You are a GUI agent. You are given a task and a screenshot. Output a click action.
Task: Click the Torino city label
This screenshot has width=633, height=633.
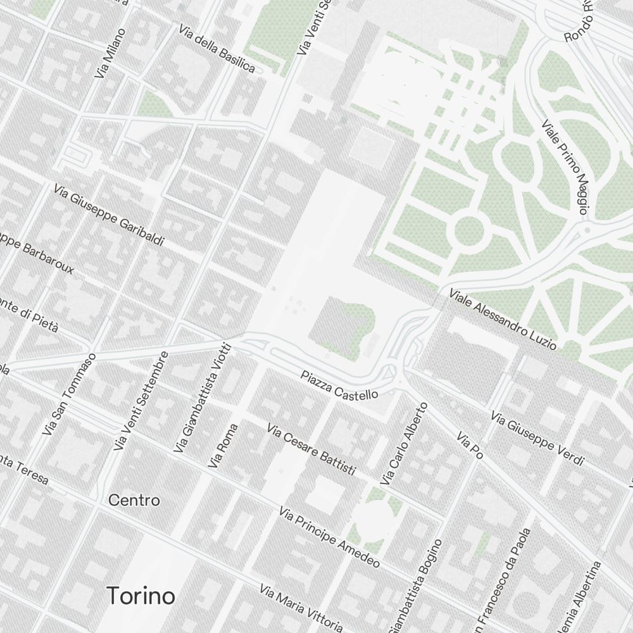[141, 596]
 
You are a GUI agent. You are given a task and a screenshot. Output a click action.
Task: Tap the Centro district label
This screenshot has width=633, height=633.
[134, 500]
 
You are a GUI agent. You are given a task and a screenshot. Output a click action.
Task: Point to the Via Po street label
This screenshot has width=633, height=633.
[470, 448]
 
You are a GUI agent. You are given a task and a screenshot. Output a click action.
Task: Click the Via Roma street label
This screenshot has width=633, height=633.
[223, 446]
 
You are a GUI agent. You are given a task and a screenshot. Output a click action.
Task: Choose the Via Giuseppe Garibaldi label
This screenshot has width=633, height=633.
[109, 215]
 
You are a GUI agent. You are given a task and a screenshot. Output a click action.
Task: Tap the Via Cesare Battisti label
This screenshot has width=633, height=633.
[311, 450]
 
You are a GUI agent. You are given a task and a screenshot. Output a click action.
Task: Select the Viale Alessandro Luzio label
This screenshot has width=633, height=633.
[503, 320]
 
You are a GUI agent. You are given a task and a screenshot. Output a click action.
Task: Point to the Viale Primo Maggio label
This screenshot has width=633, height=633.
[566, 167]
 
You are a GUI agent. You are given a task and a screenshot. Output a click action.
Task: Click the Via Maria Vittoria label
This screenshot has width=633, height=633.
[301, 608]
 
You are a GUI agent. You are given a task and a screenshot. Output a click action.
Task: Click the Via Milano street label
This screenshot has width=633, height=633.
[110, 53]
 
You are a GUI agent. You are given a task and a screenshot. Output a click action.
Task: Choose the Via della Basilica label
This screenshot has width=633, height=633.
[217, 49]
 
